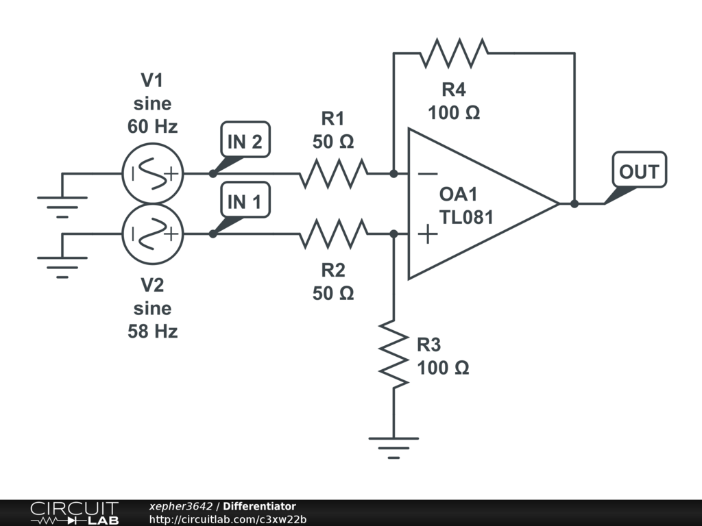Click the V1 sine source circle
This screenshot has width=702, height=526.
[x=153, y=173]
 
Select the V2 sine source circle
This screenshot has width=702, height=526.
[x=153, y=234]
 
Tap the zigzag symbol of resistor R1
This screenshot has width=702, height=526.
[x=334, y=173]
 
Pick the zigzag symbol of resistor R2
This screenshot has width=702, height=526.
[x=334, y=234]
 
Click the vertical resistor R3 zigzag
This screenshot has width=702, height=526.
[x=394, y=353]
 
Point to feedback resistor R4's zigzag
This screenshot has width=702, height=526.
[x=454, y=53]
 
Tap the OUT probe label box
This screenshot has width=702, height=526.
[x=639, y=170]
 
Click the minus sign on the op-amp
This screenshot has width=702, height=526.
[x=428, y=173]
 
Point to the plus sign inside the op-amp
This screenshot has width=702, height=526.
[x=428, y=234]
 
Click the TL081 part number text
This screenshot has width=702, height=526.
[x=466, y=217]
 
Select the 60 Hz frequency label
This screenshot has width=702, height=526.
[x=153, y=127]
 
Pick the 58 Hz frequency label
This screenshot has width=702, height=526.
[x=153, y=331]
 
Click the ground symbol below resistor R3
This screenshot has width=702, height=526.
[x=394, y=448]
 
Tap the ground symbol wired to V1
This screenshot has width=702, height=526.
[x=62, y=207]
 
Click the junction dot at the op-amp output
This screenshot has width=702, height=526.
[x=574, y=203]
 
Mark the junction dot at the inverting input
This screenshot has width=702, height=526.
[x=394, y=173]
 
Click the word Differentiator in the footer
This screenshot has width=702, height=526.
[x=259, y=506]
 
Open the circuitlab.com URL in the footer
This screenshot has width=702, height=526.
[x=228, y=519]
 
